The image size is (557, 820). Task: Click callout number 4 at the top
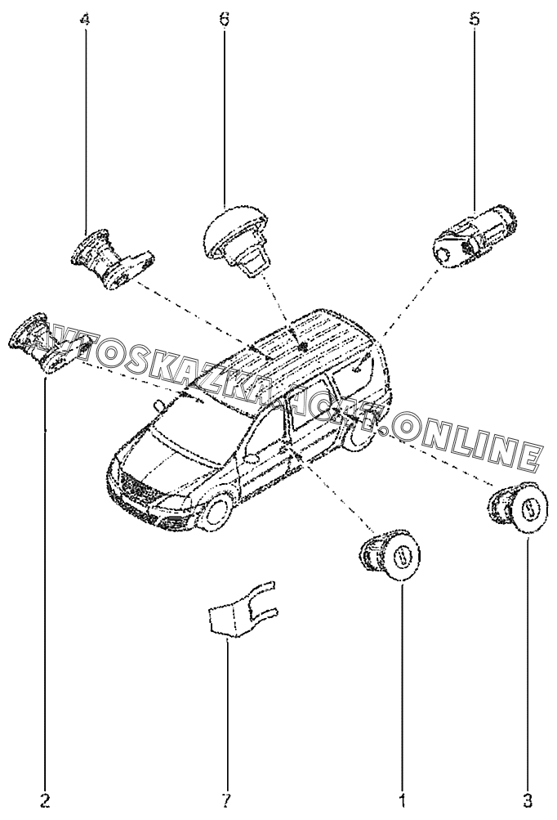(x=85, y=19)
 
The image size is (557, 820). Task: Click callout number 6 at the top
(x=225, y=19)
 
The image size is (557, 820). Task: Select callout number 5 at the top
(x=475, y=19)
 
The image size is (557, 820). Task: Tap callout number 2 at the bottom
(x=46, y=799)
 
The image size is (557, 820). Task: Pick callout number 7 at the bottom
(x=228, y=799)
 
